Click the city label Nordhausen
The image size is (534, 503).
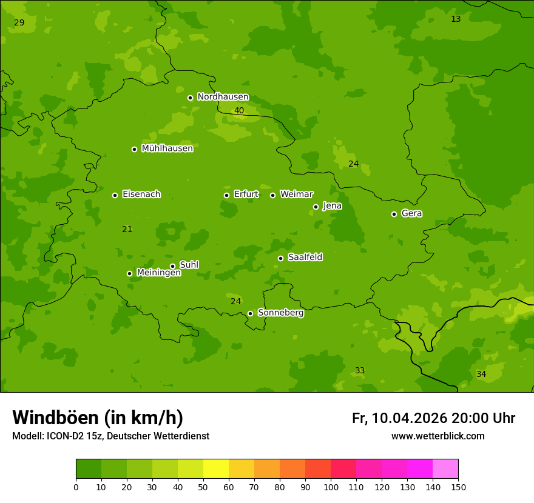(223, 97)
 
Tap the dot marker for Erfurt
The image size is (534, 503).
(226, 195)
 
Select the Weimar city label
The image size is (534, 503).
(296, 195)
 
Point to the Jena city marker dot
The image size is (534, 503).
(316, 207)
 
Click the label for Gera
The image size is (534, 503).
(411, 213)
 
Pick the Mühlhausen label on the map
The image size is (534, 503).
(167, 148)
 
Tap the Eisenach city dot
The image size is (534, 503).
(115, 195)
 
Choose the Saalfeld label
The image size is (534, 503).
(305, 258)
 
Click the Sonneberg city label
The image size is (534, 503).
(280, 313)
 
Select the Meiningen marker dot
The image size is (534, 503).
(129, 273)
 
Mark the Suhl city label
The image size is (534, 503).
(189, 265)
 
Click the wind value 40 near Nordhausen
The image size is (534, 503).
(239, 111)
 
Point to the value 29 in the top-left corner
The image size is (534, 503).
(19, 23)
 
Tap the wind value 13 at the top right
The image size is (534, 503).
(456, 19)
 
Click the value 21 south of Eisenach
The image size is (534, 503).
(127, 230)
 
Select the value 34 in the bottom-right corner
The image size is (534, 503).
(481, 375)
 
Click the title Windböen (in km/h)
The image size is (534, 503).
(98, 418)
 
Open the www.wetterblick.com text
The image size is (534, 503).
(438, 436)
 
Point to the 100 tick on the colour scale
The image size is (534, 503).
(331, 487)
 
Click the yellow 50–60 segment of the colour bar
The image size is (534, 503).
(216, 469)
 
